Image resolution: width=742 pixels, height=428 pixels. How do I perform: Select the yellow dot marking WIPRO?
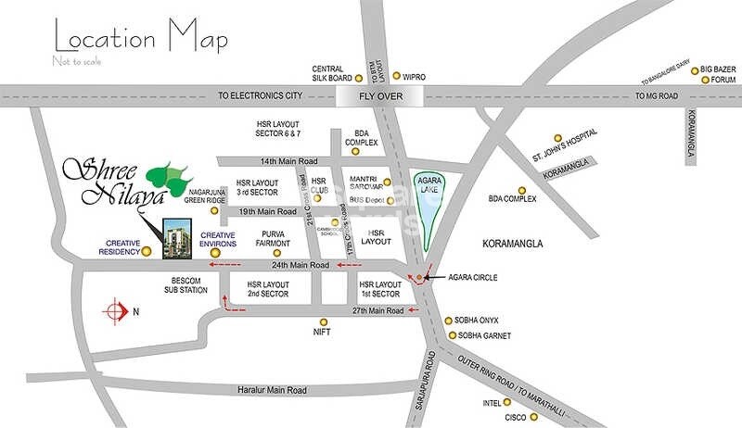tap(397, 76)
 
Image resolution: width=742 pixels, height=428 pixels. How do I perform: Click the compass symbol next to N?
tap(116, 311)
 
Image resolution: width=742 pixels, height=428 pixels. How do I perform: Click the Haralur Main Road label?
tap(271, 390)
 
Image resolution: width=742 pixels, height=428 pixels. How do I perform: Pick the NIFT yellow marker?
tap(321, 328)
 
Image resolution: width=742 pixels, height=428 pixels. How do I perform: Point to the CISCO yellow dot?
tap(508, 418)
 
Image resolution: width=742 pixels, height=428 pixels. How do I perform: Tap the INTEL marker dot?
tap(506, 402)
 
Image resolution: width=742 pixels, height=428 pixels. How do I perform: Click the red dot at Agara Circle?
tap(420, 277)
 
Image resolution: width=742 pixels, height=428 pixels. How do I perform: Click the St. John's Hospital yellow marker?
tap(558, 137)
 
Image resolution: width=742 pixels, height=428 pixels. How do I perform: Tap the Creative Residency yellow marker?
tap(147, 250)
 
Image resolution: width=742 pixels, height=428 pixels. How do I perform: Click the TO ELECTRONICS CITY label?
tap(260, 94)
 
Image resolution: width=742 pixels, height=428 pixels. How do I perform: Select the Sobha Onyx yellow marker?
tap(449, 320)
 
